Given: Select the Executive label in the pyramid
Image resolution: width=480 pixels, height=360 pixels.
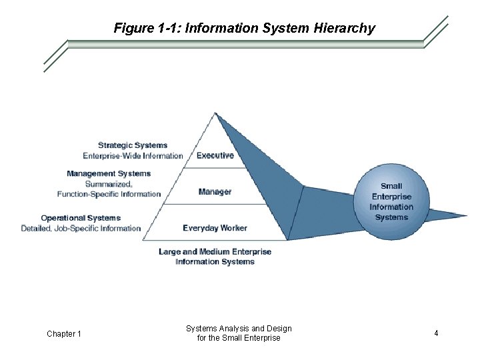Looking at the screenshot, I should (215, 155).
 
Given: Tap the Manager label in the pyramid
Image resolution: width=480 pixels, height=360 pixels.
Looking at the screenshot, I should (215, 192).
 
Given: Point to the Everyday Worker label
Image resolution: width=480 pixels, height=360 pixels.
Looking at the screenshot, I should (215, 228).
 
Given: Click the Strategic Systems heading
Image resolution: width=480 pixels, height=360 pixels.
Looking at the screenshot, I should (133, 145).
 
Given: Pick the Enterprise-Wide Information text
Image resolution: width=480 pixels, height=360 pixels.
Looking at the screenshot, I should (133, 156).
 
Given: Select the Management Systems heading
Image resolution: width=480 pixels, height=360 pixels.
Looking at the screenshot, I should (109, 173).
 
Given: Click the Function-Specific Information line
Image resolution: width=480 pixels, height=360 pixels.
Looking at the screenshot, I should (109, 194).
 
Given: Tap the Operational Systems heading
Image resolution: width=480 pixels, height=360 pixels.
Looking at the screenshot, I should (81, 218).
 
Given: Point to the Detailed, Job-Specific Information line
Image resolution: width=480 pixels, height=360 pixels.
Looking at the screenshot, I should (81, 229).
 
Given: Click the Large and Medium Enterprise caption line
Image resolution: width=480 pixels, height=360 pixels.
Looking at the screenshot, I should (215, 252).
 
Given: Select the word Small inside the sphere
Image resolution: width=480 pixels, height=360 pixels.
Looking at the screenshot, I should (391, 186).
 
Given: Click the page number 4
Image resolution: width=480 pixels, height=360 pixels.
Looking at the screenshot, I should (436, 333).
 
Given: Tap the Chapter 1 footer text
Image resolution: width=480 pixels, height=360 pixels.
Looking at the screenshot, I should (64, 333).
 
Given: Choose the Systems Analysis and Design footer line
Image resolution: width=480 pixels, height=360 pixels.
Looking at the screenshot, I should (239, 329).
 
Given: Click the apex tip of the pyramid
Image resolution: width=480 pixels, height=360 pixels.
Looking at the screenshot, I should (215, 113).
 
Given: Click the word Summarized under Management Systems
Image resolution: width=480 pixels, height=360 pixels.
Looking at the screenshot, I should (109, 184).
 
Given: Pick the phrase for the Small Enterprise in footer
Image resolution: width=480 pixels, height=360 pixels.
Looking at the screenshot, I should (239, 338).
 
